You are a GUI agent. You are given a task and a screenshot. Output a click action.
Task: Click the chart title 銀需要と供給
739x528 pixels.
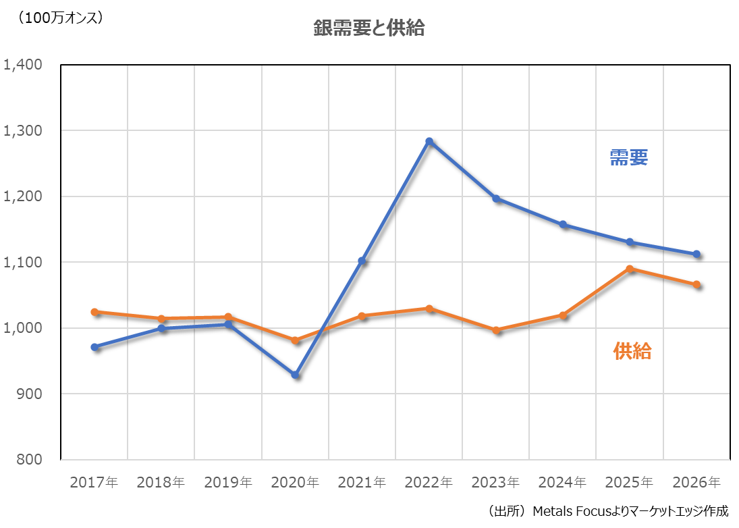[x=368, y=28]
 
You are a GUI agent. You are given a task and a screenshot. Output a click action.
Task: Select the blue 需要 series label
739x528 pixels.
[x=629, y=158]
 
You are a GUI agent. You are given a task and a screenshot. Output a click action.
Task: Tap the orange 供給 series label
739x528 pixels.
[x=632, y=351]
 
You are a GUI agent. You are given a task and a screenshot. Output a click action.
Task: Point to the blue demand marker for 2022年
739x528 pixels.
[x=429, y=141]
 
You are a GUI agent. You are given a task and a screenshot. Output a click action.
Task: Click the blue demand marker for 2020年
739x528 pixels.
[x=295, y=374]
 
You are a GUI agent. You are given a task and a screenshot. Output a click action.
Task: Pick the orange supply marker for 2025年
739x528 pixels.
[x=630, y=269]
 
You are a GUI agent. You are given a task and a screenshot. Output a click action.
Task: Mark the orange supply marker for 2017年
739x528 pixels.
[x=94, y=312]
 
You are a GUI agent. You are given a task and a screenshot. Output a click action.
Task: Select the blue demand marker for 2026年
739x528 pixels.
[x=696, y=254]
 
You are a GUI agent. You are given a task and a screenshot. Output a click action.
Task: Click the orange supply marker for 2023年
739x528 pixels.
[x=496, y=330]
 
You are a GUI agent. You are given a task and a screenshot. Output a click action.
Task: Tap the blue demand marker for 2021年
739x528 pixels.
[x=362, y=261]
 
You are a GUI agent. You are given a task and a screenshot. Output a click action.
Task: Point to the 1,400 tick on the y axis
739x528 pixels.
[x=24, y=65]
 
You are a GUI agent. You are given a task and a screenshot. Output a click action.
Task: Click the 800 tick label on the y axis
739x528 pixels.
[x=31, y=459]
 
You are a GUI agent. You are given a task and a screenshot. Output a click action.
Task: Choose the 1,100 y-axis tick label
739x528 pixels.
[x=24, y=262]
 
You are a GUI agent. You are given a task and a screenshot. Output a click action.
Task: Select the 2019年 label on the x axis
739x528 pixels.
[x=228, y=483]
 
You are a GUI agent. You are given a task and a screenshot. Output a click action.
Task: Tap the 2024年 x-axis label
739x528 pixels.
[x=563, y=483]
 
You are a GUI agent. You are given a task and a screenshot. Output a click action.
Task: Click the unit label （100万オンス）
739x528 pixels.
[x=61, y=19]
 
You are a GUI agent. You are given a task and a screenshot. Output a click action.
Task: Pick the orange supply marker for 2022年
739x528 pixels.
[x=429, y=309]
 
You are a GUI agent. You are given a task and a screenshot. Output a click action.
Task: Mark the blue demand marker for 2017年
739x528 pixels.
[x=94, y=347]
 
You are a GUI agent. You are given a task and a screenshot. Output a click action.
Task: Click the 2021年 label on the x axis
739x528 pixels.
[x=362, y=483]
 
